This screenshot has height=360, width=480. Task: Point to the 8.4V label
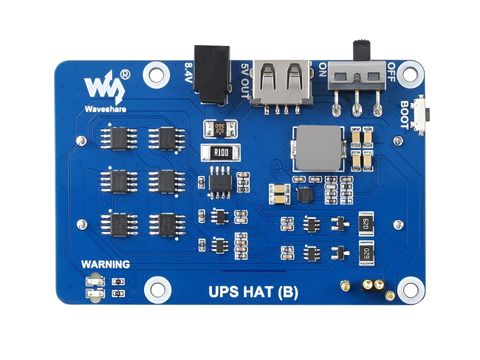coord(190,73)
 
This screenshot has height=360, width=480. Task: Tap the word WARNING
coord(105,264)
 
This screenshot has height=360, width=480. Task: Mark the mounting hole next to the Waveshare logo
coord(156,72)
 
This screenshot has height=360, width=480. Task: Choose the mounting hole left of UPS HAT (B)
coord(157,290)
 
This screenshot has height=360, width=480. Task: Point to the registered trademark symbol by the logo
coord(125,73)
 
